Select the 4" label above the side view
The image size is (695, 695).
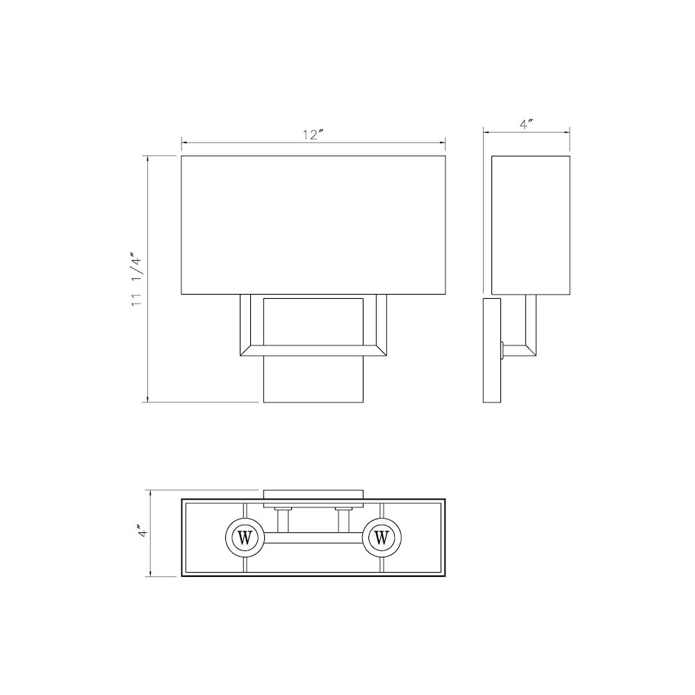pos(526,125)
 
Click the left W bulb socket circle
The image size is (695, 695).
pos(245,537)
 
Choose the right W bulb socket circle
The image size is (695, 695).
pos(381,537)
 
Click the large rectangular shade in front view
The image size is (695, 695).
pos(313,226)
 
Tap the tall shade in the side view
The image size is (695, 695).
pos(530,226)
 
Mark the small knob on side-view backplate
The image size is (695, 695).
pos(502,350)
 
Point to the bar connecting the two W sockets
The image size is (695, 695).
pos(313,537)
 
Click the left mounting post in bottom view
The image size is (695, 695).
pos(283,518)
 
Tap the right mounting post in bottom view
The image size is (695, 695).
pos(343,518)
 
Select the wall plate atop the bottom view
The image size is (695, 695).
pos(313,493)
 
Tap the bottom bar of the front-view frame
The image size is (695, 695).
pos(313,350)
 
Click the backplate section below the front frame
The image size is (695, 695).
pos(313,381)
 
